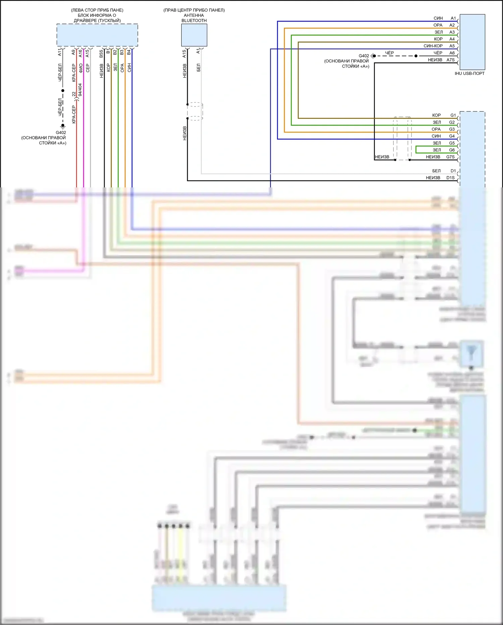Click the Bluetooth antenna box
194,35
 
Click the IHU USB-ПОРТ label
469,74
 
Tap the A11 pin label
60,52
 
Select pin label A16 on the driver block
80,53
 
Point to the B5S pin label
101,53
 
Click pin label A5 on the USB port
452,46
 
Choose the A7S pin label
450,60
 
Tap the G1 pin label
453,115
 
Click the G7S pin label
450,157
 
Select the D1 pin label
453,171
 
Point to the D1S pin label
450,178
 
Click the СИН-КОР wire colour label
433,46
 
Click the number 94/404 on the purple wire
80,90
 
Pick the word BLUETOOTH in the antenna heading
194,20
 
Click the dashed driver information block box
97,35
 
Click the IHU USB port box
472,42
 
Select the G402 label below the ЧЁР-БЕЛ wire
61,133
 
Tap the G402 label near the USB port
364,56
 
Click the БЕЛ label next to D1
436,171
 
